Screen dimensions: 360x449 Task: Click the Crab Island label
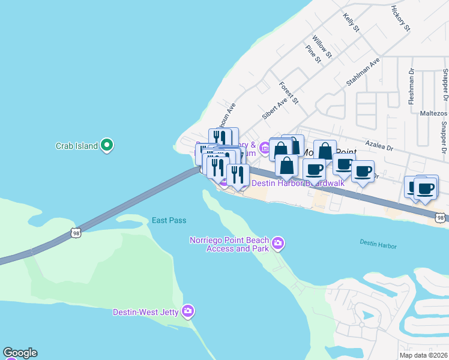coord(76,146)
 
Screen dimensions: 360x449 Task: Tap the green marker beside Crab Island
coord(107,145)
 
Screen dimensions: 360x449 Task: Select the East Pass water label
coord(169,220)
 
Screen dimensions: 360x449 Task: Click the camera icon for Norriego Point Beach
coord(277,243)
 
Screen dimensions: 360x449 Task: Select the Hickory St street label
coord(400,19)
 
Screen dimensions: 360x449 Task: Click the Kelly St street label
coord(351,23)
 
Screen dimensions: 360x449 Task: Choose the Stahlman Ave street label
coord(363,72)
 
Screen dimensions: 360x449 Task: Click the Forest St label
coord(289,92)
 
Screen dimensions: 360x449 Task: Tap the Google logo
coord(20,353)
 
